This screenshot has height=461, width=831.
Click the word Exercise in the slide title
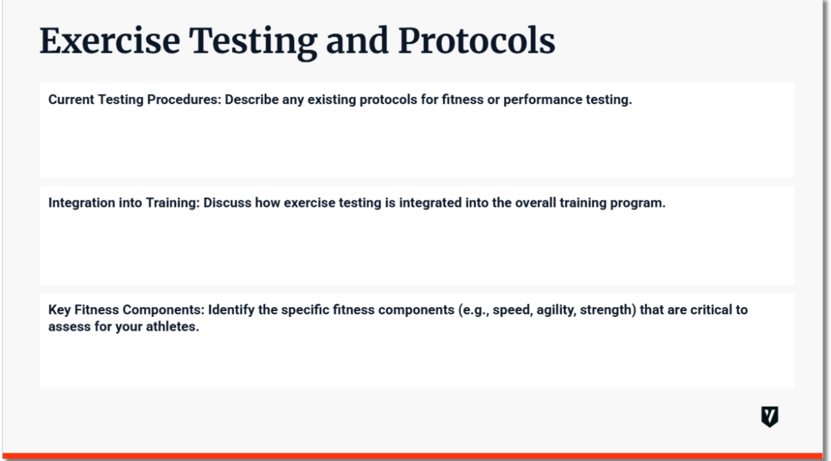point(110,41)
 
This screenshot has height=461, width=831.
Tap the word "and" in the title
point(357,41)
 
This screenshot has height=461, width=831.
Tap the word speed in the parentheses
point(512,310)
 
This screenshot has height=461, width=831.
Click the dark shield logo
point(769,416)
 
